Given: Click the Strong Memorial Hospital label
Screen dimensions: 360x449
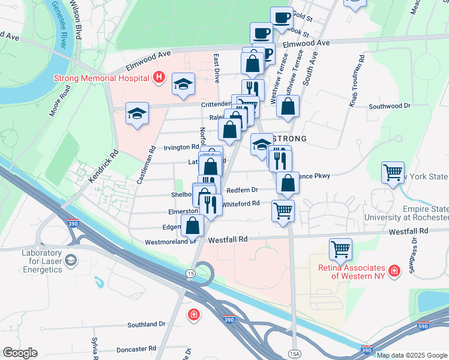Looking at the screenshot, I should click(x=101, y=78).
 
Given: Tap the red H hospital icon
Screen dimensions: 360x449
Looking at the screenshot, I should click(x=158, y=77).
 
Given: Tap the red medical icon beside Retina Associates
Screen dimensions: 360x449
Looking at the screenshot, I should click(x=394, y=271).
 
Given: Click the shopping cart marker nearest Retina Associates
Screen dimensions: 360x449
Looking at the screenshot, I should click(x=340, y=248).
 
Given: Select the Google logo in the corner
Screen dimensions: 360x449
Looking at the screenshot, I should click(x=20, y=353).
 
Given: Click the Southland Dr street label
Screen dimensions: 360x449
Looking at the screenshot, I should click(x=146, y=324).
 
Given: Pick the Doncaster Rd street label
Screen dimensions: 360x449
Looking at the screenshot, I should click(x=136, y=348).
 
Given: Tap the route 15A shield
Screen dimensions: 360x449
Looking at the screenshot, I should click(x=294, y=353).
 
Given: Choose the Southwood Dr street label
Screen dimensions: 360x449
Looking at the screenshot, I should click(x=389, y=106).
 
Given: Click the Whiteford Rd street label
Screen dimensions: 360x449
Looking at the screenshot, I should click(x=241, y=203).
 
